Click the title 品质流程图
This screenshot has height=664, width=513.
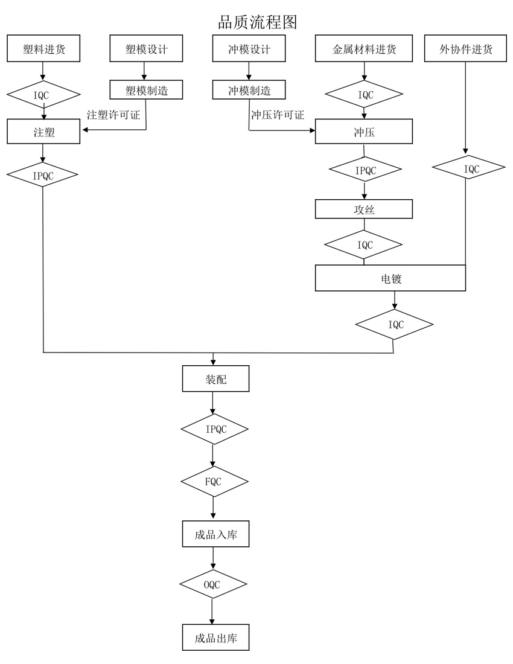pos(257,22)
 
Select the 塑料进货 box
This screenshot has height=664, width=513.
pos(43,49)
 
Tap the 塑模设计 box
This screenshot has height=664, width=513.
pos(146,49)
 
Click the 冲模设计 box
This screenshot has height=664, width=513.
pos(249,49)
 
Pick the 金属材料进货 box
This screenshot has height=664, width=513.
pos(364,49)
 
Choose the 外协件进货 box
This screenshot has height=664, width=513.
pos(466,49)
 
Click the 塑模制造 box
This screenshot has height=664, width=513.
pos(146,91)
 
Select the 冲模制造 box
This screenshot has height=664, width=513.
pos(249,91)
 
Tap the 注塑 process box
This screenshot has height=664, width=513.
pos(43,132)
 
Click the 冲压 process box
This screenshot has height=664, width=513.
pos(364,132)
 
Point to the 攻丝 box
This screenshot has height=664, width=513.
pos(364,209)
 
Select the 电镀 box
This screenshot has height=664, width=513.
pos(390,278)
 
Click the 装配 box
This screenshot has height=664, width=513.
pos(215,378)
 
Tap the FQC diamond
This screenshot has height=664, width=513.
pos(214,482)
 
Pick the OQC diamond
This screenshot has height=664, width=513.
pos(213,584)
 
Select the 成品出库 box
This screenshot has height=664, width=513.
pos(215,637)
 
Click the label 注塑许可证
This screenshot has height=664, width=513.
pos(113,115)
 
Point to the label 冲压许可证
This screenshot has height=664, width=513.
pos(278,115)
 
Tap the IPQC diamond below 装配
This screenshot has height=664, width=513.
pos(214,429)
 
